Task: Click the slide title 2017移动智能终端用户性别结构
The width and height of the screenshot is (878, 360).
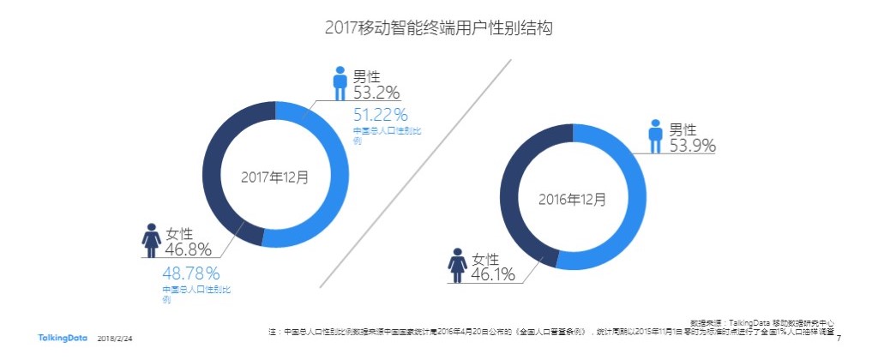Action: (x=438, y=27)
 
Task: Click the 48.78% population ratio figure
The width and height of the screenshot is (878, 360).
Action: (x=191, y=273)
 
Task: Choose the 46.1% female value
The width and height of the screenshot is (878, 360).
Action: (x=491, y=274)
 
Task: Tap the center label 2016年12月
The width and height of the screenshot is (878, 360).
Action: (x=572, y=199)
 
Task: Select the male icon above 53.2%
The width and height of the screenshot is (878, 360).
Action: (x=340, y=83)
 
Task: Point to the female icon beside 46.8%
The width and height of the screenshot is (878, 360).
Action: (x=152, y=241)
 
